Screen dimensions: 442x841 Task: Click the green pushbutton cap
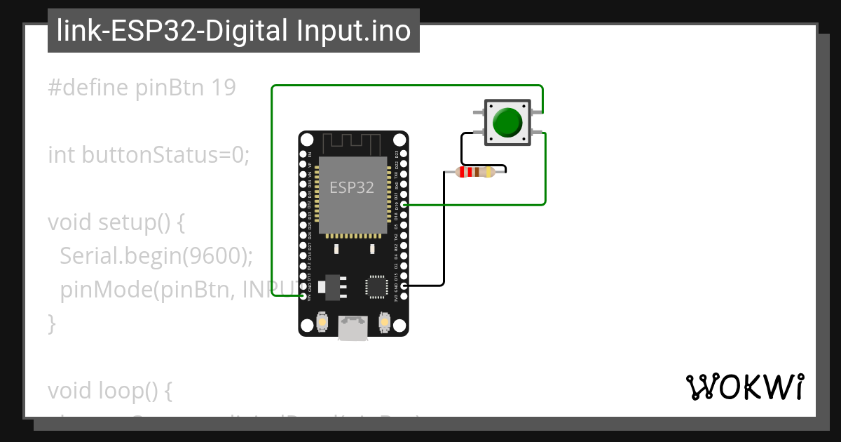tap(507, 122)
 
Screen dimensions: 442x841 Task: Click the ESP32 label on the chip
tap(352, 187)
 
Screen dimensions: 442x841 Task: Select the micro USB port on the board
tap(353, 328)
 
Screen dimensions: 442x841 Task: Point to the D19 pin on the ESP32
tap(403, 205)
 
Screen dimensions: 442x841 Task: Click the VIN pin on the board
tap(303, 296)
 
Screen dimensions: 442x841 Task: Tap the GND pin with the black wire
tap(403, 286)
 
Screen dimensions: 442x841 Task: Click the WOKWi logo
tap(744, 387)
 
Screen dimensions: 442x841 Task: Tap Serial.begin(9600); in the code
tap(156, 255)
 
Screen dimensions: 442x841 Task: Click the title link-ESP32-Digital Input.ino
tap(233, 31)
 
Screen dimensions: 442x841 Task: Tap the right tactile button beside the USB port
tap(384, 321)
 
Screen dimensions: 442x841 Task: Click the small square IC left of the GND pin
tap(376, 286)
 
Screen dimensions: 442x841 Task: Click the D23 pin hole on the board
tap(403, 154)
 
